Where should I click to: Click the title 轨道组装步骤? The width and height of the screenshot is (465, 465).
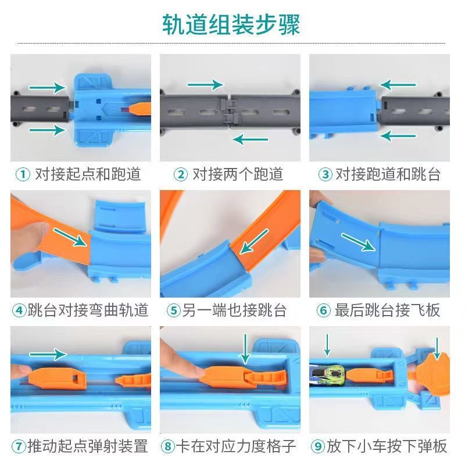(x=231, y=24)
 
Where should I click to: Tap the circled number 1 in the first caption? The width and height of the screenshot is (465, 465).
(x=23, y=174)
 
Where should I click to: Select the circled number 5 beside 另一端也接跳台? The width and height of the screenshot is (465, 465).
(x=174, y=310)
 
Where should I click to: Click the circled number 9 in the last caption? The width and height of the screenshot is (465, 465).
(x=318, y=446)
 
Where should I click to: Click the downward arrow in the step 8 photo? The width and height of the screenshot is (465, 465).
(x=245, y=349)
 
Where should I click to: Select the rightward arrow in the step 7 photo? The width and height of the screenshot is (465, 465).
(x=48, y=354)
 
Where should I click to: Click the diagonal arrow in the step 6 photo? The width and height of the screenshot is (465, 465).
(x=358, y=242)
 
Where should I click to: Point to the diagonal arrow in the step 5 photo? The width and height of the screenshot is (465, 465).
(x=254, y=241)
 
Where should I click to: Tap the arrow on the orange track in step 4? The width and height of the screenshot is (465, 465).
(x=70, y=237)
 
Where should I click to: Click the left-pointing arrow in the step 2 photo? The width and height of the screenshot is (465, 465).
(x=251, y=139)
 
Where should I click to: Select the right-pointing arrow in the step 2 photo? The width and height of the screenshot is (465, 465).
(x=205, y=85)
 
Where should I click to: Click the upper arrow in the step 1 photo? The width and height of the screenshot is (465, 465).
(x=47, y=88)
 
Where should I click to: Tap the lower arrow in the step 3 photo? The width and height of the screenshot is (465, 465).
(x=398, y=136)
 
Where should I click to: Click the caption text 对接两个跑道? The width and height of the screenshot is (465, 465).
(x=238, y=174)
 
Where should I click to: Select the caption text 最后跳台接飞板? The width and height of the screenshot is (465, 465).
(x=387, y=310)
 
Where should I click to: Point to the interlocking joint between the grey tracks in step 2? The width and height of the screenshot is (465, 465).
(x=228, y=110)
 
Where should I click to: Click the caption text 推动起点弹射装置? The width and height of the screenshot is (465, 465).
(x=88, y=446)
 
